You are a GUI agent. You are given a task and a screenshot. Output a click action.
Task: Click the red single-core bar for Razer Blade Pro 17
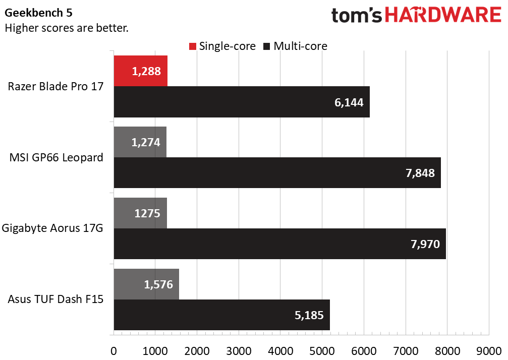pyautogui.click(x=141, y=71)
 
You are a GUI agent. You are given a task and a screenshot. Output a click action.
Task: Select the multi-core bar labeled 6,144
pyautogui.click(x=242, y=102)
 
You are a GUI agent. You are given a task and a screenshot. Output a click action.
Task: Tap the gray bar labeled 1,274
pyautogui.click(x=140, y=142)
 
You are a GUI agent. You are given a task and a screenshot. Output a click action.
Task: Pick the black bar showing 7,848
pyautogui.click(x=277, y=172)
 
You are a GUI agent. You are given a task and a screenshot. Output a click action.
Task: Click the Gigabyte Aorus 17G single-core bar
pyautogui.click(x=140, y=213)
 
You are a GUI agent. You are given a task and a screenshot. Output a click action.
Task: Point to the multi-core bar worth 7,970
pyautogui.click(x=280, y=244)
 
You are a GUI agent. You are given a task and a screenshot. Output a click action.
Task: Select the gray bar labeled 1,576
pyautogui.click(x=146, y=284)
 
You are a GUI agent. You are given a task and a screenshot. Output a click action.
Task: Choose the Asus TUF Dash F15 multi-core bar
pyautogui.click(x=222, y=315)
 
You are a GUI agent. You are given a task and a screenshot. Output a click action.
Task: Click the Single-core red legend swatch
pyautogui.click(x=193, y=46)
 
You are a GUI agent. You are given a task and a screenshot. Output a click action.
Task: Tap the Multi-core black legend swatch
pyautogui.click(x=267, y=46)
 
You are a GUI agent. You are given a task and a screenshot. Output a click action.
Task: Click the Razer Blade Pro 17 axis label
pyautogui.click(x=55, y=86)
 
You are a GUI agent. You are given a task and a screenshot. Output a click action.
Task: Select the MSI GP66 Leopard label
pyautogui.click(x=56, y=157)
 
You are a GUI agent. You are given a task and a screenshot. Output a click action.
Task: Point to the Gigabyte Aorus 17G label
pyautogui.click(x=52, y=228)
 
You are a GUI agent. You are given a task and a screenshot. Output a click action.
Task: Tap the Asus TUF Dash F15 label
pyautogui.click(x=55, y=299)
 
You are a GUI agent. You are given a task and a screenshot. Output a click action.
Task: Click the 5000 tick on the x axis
pyautogui.click(x=322, y=351)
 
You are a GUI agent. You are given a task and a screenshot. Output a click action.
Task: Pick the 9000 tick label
pyautogui.click(x=489, y=351)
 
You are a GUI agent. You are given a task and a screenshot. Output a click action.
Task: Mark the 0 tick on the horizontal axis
pyautogui.click(x=114, y=351)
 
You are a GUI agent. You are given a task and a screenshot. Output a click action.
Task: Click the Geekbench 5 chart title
pyautogui.click(x=38, y=13)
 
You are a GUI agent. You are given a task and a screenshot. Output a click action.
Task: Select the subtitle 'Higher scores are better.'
pyautogui.click(x=67, y=28)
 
